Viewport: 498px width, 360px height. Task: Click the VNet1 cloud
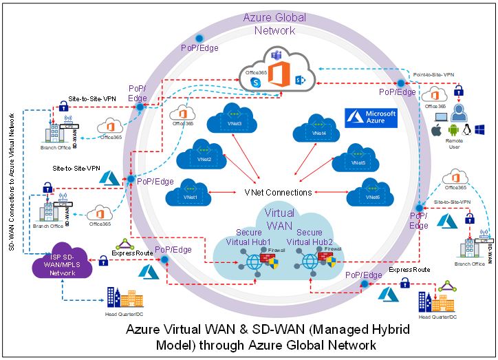pyautogui.click(x=187, y=193)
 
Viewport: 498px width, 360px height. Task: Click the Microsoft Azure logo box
pyautogui.click(x=371, y=118)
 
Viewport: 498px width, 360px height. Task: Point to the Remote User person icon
pyautogui.click(x=458, y=109)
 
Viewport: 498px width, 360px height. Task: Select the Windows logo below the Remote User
pyautogui.click(x=479, y=129)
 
